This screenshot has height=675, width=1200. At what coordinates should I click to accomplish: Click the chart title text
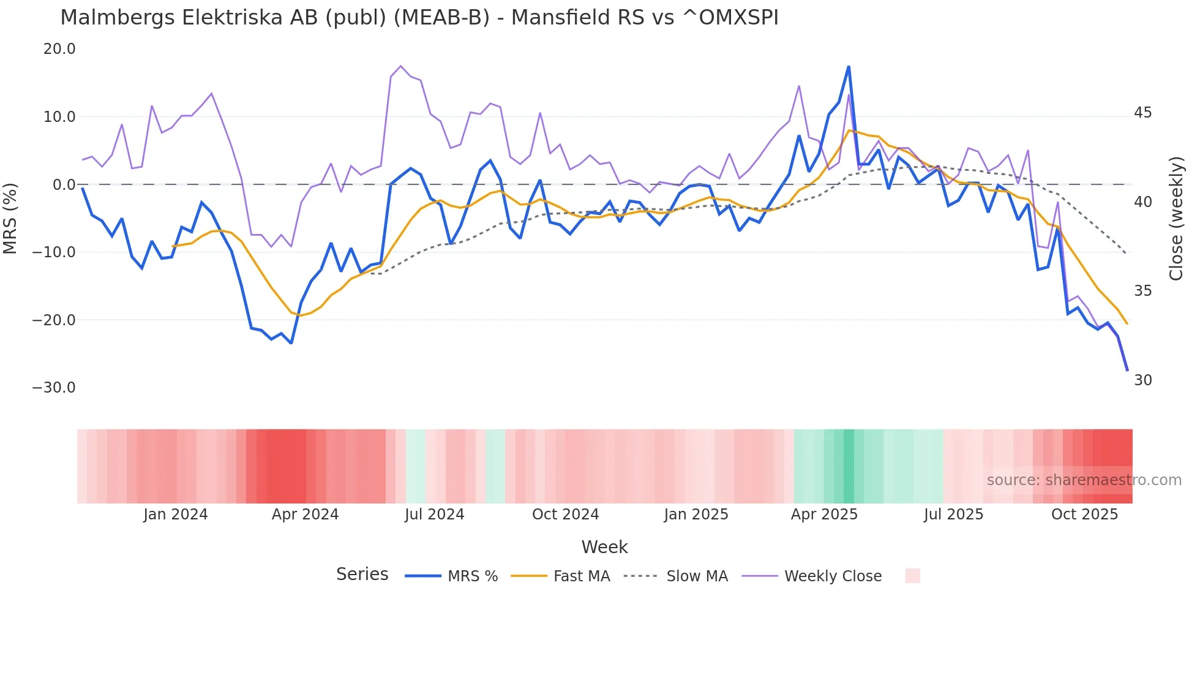(419, 18)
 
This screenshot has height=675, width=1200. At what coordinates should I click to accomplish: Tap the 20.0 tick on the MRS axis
(59, 49)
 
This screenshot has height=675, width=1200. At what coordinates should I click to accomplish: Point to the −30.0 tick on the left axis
(54, 388)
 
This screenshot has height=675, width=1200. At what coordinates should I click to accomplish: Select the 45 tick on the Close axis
(1142, 113)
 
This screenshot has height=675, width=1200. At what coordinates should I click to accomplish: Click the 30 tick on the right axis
(1142, 380)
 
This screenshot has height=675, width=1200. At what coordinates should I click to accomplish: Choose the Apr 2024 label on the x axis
(305, 515)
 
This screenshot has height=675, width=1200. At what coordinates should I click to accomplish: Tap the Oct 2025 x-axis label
(1084, 515)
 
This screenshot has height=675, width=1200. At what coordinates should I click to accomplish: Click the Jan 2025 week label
(696, 515)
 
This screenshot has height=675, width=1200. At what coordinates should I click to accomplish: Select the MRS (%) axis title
(10, 218)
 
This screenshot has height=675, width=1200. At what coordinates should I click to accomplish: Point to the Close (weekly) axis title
(1176, 219)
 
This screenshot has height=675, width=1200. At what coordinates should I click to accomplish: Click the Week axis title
(604, 547)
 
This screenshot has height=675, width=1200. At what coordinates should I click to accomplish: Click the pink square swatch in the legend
(912, 576)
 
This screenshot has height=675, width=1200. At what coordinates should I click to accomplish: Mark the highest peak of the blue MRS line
(849, 66)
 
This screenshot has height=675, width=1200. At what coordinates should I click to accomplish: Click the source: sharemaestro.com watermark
(1084, 480)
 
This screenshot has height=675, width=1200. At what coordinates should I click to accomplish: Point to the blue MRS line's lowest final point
(1127, 370)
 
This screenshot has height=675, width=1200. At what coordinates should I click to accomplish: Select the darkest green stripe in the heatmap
(849, 466)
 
